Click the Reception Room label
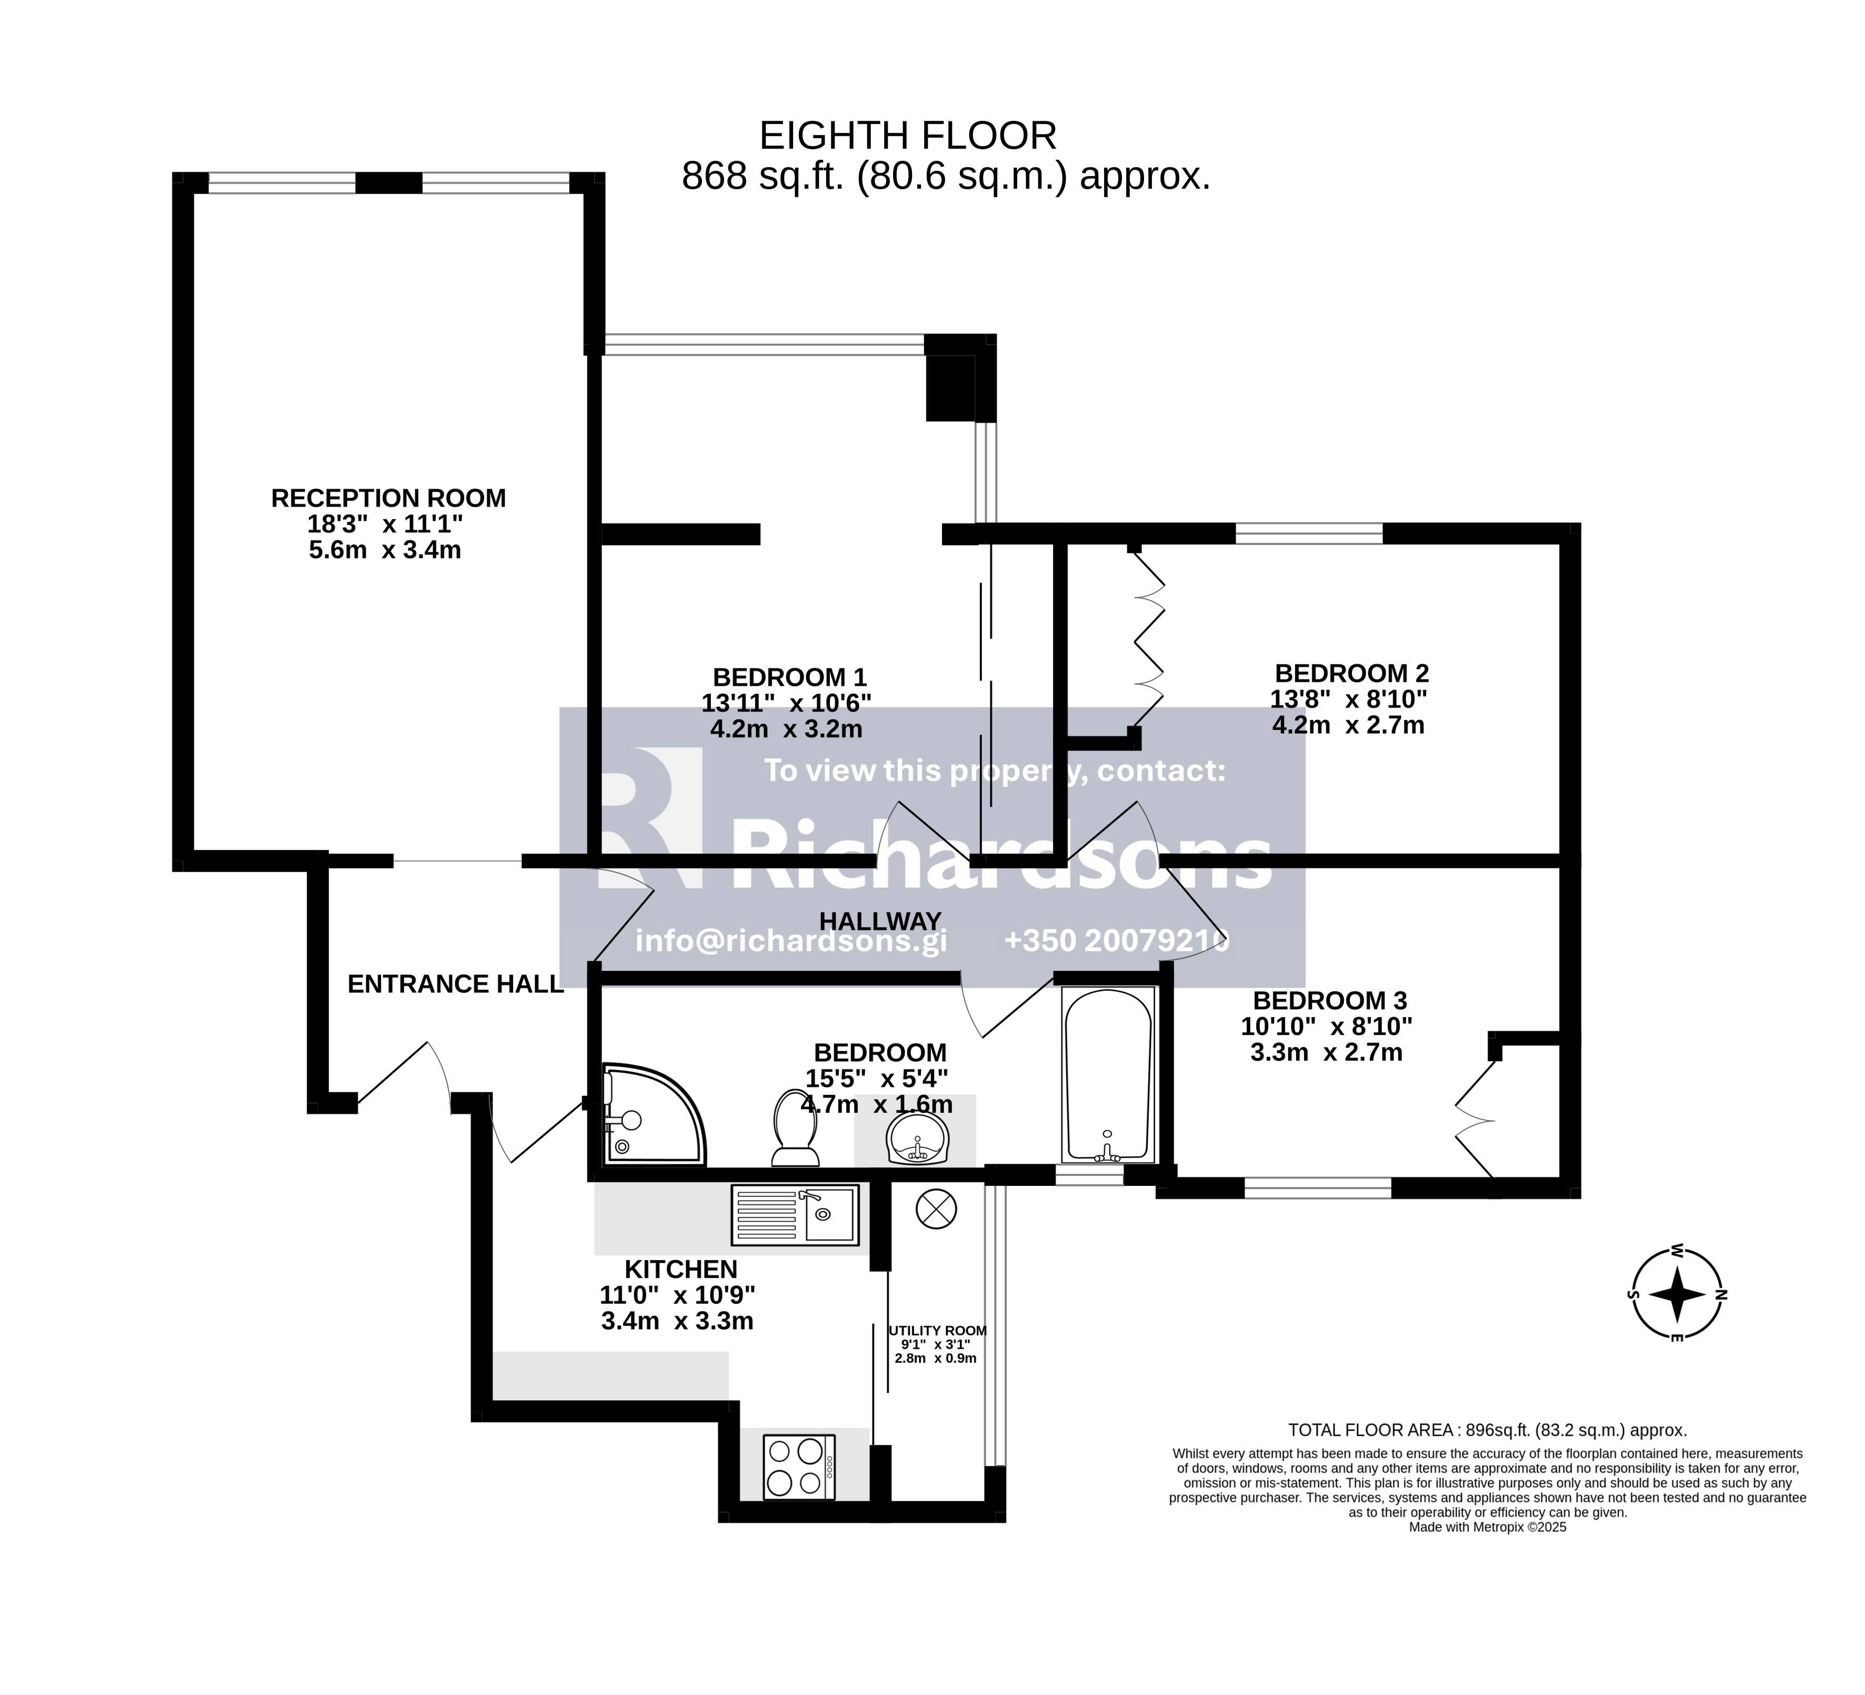tap(388, 499)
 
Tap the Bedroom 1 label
tap(789, 677)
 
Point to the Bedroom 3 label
tap(1329, 1001)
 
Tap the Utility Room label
tap(937, 1331)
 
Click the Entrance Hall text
tap(455, 984)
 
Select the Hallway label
tap(880, 921)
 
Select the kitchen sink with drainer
tap(795, 1215)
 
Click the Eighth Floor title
tap(908, 136)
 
